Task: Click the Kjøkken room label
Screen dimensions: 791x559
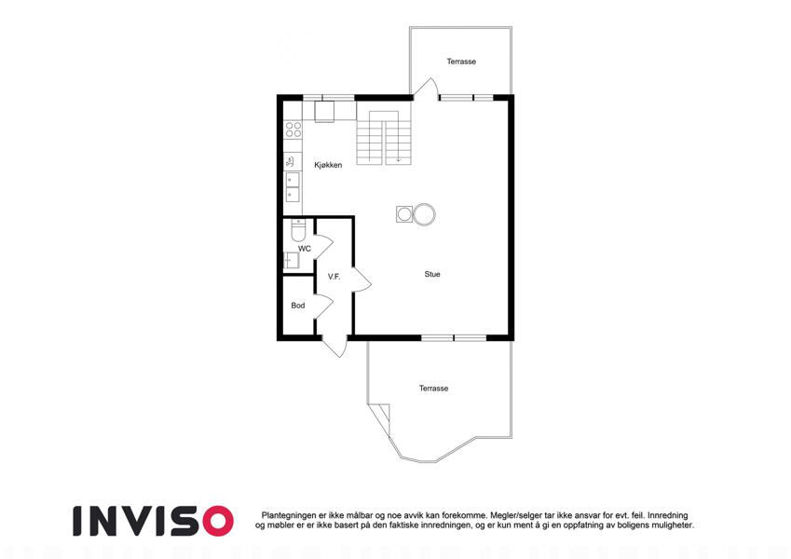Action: (x=328, y=165)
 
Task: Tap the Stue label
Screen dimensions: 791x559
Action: (x=432, y=274)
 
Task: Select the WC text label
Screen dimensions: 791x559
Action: (x=305, y=249)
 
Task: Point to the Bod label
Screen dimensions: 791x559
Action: (x=298, y=306)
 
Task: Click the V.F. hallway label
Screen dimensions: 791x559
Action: (x=334, y=277)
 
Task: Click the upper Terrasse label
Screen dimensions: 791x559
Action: (x=461, y=61)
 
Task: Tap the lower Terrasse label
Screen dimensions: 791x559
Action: (x=433, y=388)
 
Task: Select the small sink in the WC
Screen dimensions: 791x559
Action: (x=291, y=260)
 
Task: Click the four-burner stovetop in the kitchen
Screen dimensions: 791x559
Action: (x=293, y=130)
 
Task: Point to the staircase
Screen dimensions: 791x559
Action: (x=385, y=138)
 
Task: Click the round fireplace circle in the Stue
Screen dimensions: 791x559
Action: (x=424, y=214)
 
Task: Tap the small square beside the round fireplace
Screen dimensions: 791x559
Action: (x=404, y=214)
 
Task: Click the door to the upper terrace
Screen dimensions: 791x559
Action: (x=425, y=88)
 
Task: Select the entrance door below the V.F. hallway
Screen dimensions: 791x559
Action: (x=334, y=346)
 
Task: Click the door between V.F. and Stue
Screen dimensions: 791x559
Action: (x=362, y=279)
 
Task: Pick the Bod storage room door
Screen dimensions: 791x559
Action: (x=323, y=306)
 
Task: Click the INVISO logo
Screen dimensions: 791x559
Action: (x=153, y=521)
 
